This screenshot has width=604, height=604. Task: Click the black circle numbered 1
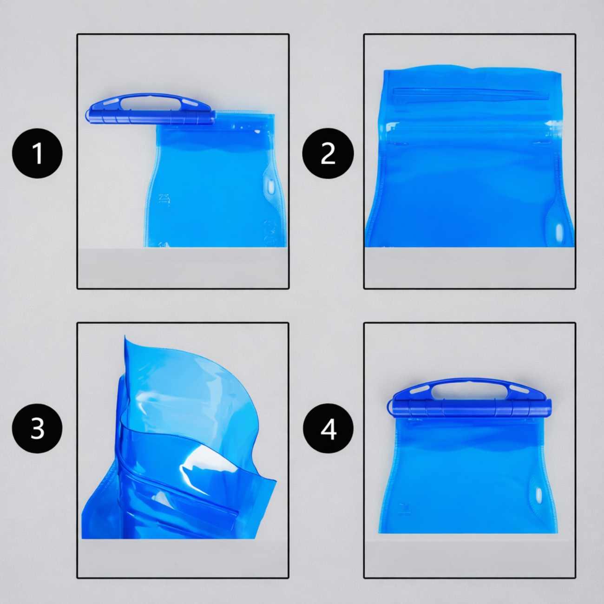[37, 153]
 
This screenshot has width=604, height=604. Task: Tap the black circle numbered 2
[328, 153]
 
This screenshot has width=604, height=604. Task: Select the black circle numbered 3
[37, 428]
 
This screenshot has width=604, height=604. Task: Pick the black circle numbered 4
[328, 428]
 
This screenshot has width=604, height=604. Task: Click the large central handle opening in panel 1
[149, 103]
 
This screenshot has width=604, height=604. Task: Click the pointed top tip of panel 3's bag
[125, 336]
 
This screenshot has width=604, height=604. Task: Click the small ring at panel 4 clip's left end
[390, 407]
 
